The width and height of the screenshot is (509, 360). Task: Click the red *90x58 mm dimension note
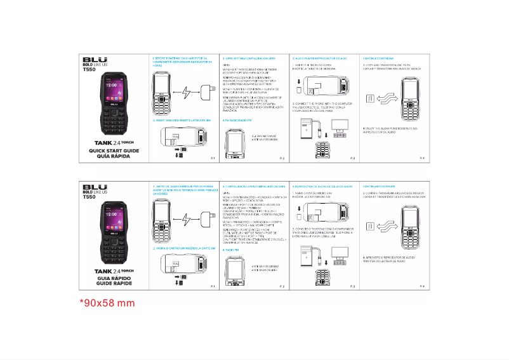pos(107,303)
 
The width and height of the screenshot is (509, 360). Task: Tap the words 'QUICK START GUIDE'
pos(114,150)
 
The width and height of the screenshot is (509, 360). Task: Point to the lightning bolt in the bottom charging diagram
pos(185,220)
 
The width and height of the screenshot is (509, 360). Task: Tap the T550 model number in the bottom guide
pos(89,197)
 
